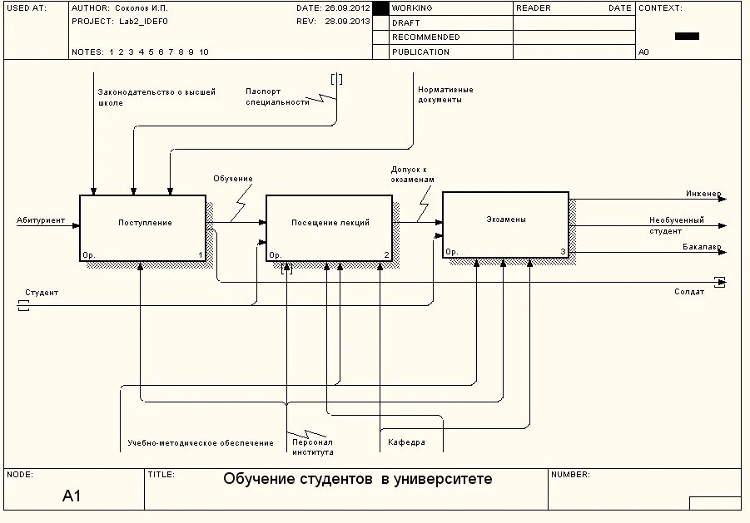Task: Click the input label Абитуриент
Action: [41, 220]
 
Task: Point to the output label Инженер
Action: [703, 194]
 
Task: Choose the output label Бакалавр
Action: [702, 247]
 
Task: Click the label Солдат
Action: [689, 292]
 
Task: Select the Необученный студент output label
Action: [676, 225]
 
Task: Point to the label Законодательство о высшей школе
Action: [156, 97]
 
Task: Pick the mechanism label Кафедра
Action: [406, 443]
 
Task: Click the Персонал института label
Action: [312, 447]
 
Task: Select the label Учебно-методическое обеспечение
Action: [200, 443]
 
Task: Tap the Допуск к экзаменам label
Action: [412, 175]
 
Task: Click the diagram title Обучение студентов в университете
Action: [358, 480]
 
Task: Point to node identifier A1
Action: [72, 496]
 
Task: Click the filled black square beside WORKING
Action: [380, 8]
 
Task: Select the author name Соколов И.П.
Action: [141, 7]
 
